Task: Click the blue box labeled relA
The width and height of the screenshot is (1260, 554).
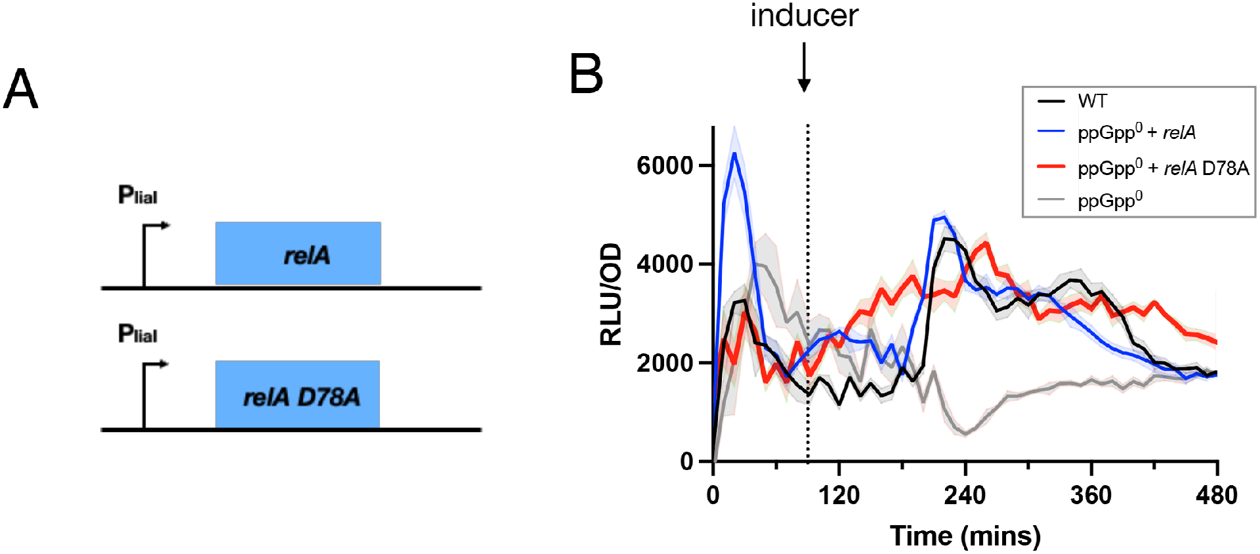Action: (298, 254)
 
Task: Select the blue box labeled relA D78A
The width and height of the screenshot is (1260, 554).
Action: (298, 395)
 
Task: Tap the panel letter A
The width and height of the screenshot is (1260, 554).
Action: (20, 89)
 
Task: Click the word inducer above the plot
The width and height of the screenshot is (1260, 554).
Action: (804, 16)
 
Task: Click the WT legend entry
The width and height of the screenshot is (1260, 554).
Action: (1092, 101)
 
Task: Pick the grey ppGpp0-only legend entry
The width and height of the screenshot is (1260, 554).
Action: (1110, 199)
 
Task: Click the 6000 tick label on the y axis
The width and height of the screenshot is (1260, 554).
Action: (665, 165)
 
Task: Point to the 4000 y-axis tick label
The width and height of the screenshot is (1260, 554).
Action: (665, 264)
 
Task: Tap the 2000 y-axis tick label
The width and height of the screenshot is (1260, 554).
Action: (665, 363)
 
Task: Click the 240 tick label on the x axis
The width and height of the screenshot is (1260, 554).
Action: (965, 495)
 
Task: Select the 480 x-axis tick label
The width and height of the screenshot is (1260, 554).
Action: (1216, 495)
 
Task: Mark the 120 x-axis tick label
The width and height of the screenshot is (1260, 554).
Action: (839, 495)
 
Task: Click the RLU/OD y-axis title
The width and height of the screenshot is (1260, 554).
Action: (611, 294)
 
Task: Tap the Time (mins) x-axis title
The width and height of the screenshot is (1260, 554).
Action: (965, 536)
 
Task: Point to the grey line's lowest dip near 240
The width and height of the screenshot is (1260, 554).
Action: (965, 433)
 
